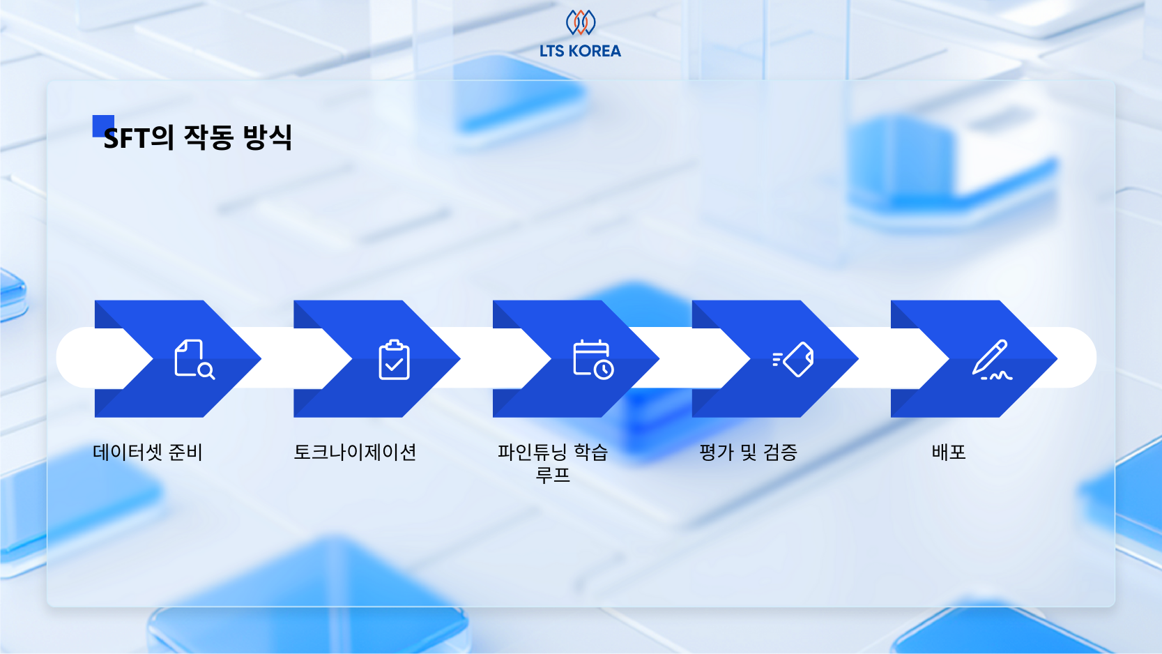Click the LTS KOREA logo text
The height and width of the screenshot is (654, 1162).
pyautogui.click(x=580, y=51)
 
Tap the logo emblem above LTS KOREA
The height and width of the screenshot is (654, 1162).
pyautogui.click(x=580, y=22)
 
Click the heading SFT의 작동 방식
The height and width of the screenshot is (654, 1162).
pyautogui.click(x=197, y=137)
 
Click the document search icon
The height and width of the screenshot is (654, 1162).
pyautogui.click(x=194, y=359)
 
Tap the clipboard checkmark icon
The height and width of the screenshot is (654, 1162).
pyautogui.click(x=394, y=360)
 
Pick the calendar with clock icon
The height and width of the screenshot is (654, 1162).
pyautogui.click(x=593, y=359)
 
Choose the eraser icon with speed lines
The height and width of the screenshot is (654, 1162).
pyautogui.click(x=793, y=359)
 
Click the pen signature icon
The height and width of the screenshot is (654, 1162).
pyautogui.click(x=992, y=360)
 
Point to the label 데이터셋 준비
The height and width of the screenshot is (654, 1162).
pyautogui.click(x=148, y=453)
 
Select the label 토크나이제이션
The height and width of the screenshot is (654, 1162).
pyautogui.click(x=355, y=453)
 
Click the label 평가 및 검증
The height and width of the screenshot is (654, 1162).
pyautogui.click(x=748, y=453)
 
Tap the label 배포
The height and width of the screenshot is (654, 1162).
pyautogui.click(x=949, y=453)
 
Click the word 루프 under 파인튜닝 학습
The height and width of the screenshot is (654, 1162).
pyautogui.click(x=553, y=476)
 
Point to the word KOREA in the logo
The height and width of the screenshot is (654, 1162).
pyautogui.click(x=595, y=51)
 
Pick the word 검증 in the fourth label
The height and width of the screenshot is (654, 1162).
pyautogui.click(x=781, y=453)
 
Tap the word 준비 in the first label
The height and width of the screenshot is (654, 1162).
pyautogui.click(x=185, y=453)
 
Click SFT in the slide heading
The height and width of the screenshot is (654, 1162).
pyautogui.click(x=125, y=138)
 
